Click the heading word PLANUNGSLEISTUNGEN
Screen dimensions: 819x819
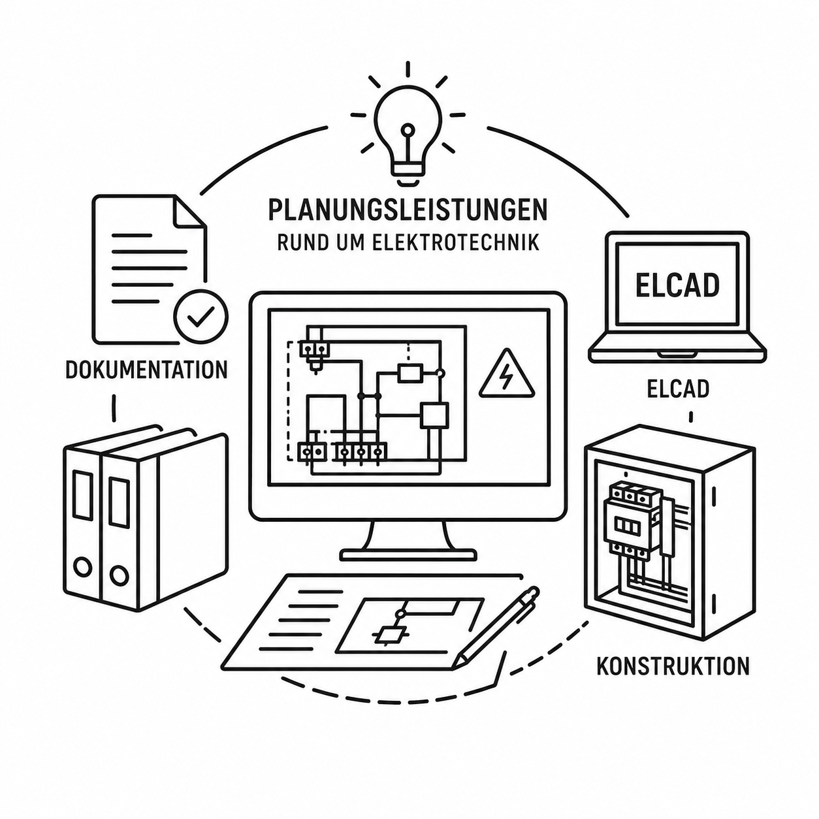point(408,209)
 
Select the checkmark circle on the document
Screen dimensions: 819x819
point(201,317)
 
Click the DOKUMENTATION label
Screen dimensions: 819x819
point(147,370)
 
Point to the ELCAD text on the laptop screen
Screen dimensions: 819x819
point(677,285)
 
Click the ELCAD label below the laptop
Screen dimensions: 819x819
point(679,388)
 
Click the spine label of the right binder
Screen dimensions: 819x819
point(119,502)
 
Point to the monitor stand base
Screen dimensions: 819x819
point(408,555)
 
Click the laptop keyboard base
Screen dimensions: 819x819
point(677,351)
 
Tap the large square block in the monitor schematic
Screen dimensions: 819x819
point(434,415)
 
